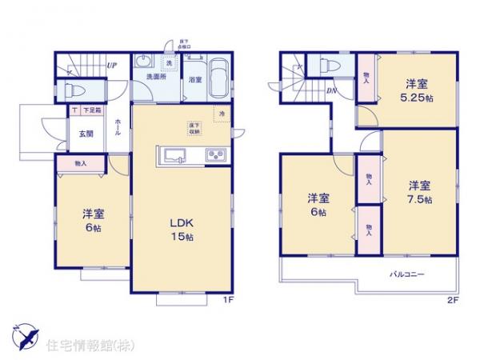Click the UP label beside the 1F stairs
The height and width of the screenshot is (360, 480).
[115, 66]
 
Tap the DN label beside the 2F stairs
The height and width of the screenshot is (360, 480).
[331, 91]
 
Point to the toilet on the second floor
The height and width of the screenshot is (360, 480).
[331, 66]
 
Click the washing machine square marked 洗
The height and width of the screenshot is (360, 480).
[169, 63]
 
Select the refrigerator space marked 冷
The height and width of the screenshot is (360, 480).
[221, 115]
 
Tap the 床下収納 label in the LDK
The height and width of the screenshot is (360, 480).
[194, 129]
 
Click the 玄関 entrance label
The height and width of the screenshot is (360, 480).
[86, 134]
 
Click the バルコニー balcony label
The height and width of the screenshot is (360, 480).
[407, 274]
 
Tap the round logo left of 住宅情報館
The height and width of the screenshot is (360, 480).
[25, 336]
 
